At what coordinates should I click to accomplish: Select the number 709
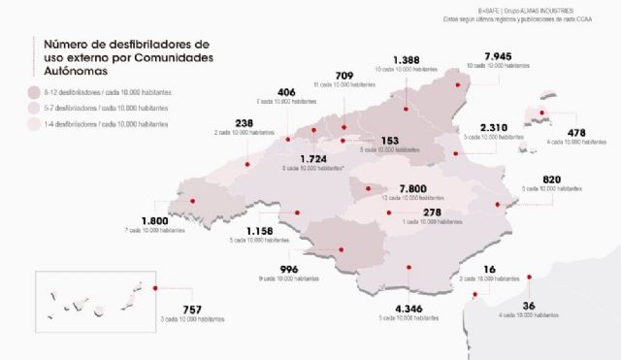(343, 75)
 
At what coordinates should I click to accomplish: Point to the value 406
(286, 91)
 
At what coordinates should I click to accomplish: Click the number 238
(245, 122)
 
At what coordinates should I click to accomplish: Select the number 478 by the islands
(577, 132)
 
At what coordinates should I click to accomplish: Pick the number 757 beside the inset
(191, 310)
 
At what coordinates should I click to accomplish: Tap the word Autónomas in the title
(79, 71)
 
